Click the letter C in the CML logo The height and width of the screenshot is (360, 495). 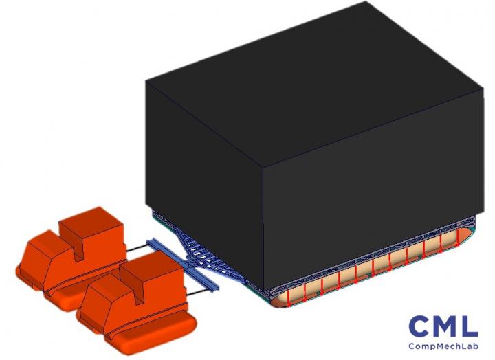coord(419,326)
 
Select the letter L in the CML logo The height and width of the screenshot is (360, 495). coord(470,326)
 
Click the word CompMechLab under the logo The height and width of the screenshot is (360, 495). coord(443,346)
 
